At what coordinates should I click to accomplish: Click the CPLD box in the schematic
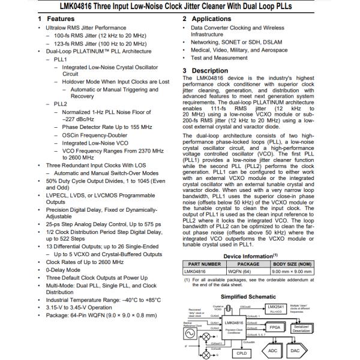[241, 354]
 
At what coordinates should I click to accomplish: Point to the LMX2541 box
[275, 308]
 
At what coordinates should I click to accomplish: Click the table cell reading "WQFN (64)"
[248, 272]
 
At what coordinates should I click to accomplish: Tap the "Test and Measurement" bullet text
[220, 58]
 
